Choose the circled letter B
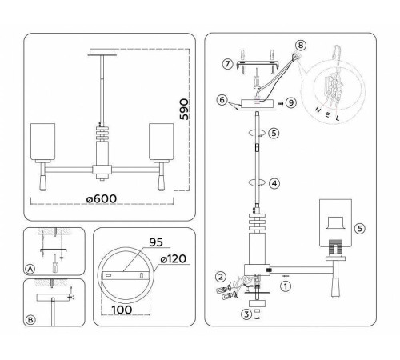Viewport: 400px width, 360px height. [x=30, y=320]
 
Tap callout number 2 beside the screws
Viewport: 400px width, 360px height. [x=218, y=277]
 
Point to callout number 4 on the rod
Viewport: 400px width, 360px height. [x=274, y=183]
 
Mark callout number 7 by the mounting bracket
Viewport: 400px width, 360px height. [x=227, y=62]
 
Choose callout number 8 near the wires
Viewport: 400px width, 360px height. [x=301, y=46]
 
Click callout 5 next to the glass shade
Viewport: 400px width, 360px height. [x=359, y=228]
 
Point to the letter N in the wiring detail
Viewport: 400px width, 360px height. [x=318, y=106]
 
